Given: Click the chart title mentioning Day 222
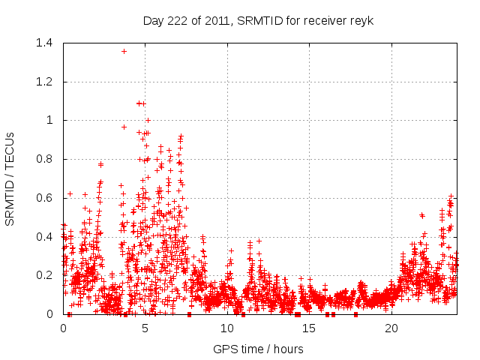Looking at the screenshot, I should tap(258, 20).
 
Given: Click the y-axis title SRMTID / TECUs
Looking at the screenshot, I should tap(10, 178).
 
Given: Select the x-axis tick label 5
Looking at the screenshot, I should tap(145, 328).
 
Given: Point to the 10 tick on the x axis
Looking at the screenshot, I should tap(227, 328).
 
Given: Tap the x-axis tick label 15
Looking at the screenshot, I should tap(309, 328).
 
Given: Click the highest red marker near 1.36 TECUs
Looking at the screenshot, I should tap(124, 51).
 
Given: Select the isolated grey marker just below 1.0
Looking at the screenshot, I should tap(124, 127).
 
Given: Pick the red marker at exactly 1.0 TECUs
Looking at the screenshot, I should tap(148, 120).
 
